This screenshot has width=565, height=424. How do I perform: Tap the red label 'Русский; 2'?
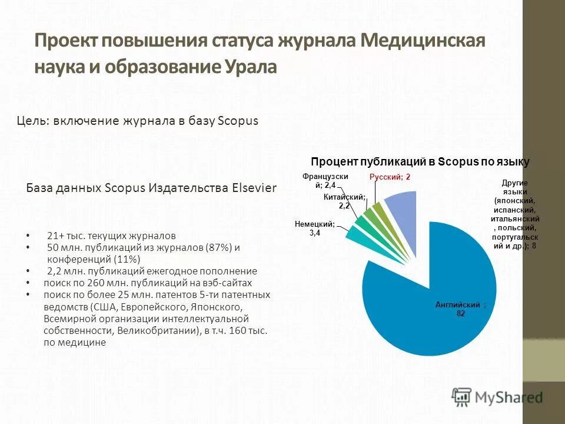point(390,177)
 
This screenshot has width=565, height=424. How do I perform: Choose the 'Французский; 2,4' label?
point(325,181)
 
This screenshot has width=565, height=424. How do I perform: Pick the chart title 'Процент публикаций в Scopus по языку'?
point(420,161)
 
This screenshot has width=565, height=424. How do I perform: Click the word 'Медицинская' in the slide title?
point(423,42)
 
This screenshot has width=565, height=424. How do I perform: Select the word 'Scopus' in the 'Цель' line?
point(238,121)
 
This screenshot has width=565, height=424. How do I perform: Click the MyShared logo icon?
point(462,396)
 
